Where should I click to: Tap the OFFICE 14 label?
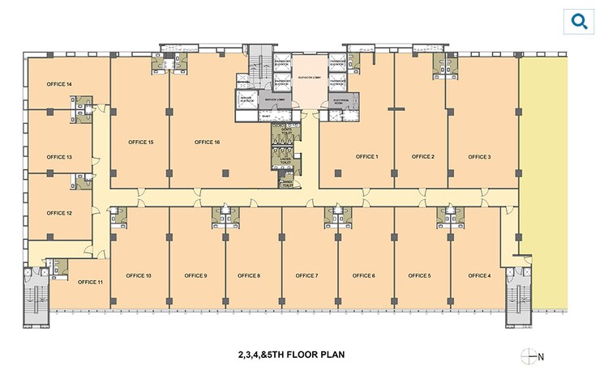pos(59,84)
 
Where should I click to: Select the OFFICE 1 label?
pos(366,156)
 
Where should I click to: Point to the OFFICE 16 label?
pos(208,142)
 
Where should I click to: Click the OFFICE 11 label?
pos(90,282)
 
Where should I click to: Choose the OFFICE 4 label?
pos(478,276)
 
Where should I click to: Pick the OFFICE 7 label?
pos(306,276)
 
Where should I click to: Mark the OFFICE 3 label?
pos(478,156)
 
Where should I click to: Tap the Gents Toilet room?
pos(285,132)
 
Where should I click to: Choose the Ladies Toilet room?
pos(285,160)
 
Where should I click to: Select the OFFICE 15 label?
pos(140,142)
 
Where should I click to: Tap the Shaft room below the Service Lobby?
pos(265,116)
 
